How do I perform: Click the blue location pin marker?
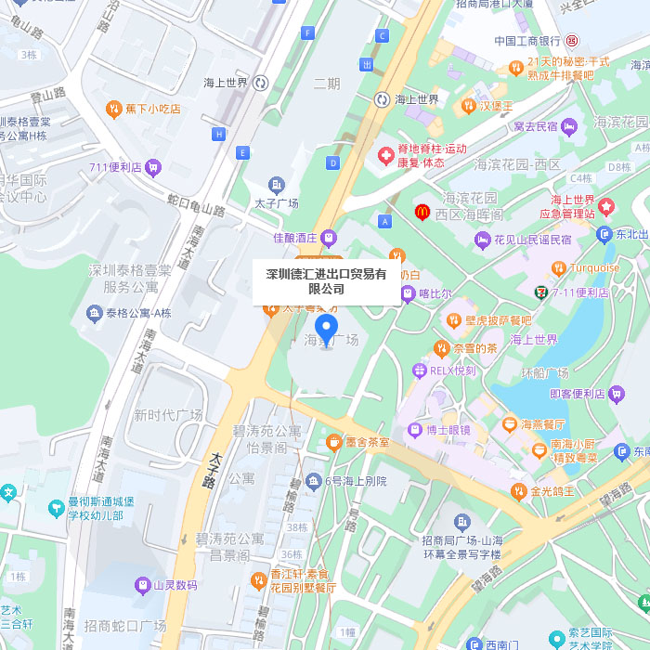tap(325, 329)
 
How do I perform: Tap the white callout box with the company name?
tap(326, 281)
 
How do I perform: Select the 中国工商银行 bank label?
tap(527, 41)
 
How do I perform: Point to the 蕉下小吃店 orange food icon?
tap(113, 109)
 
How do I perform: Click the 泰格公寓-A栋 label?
tap(138, 313)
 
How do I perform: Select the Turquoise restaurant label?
tap(594, 268)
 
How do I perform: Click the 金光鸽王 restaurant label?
tap(552, 490)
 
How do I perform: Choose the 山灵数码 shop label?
tap(175, 585)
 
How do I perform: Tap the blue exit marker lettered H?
tap(219, 134)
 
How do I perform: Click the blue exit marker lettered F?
tap(307, 32)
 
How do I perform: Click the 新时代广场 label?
tap(168, 414)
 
